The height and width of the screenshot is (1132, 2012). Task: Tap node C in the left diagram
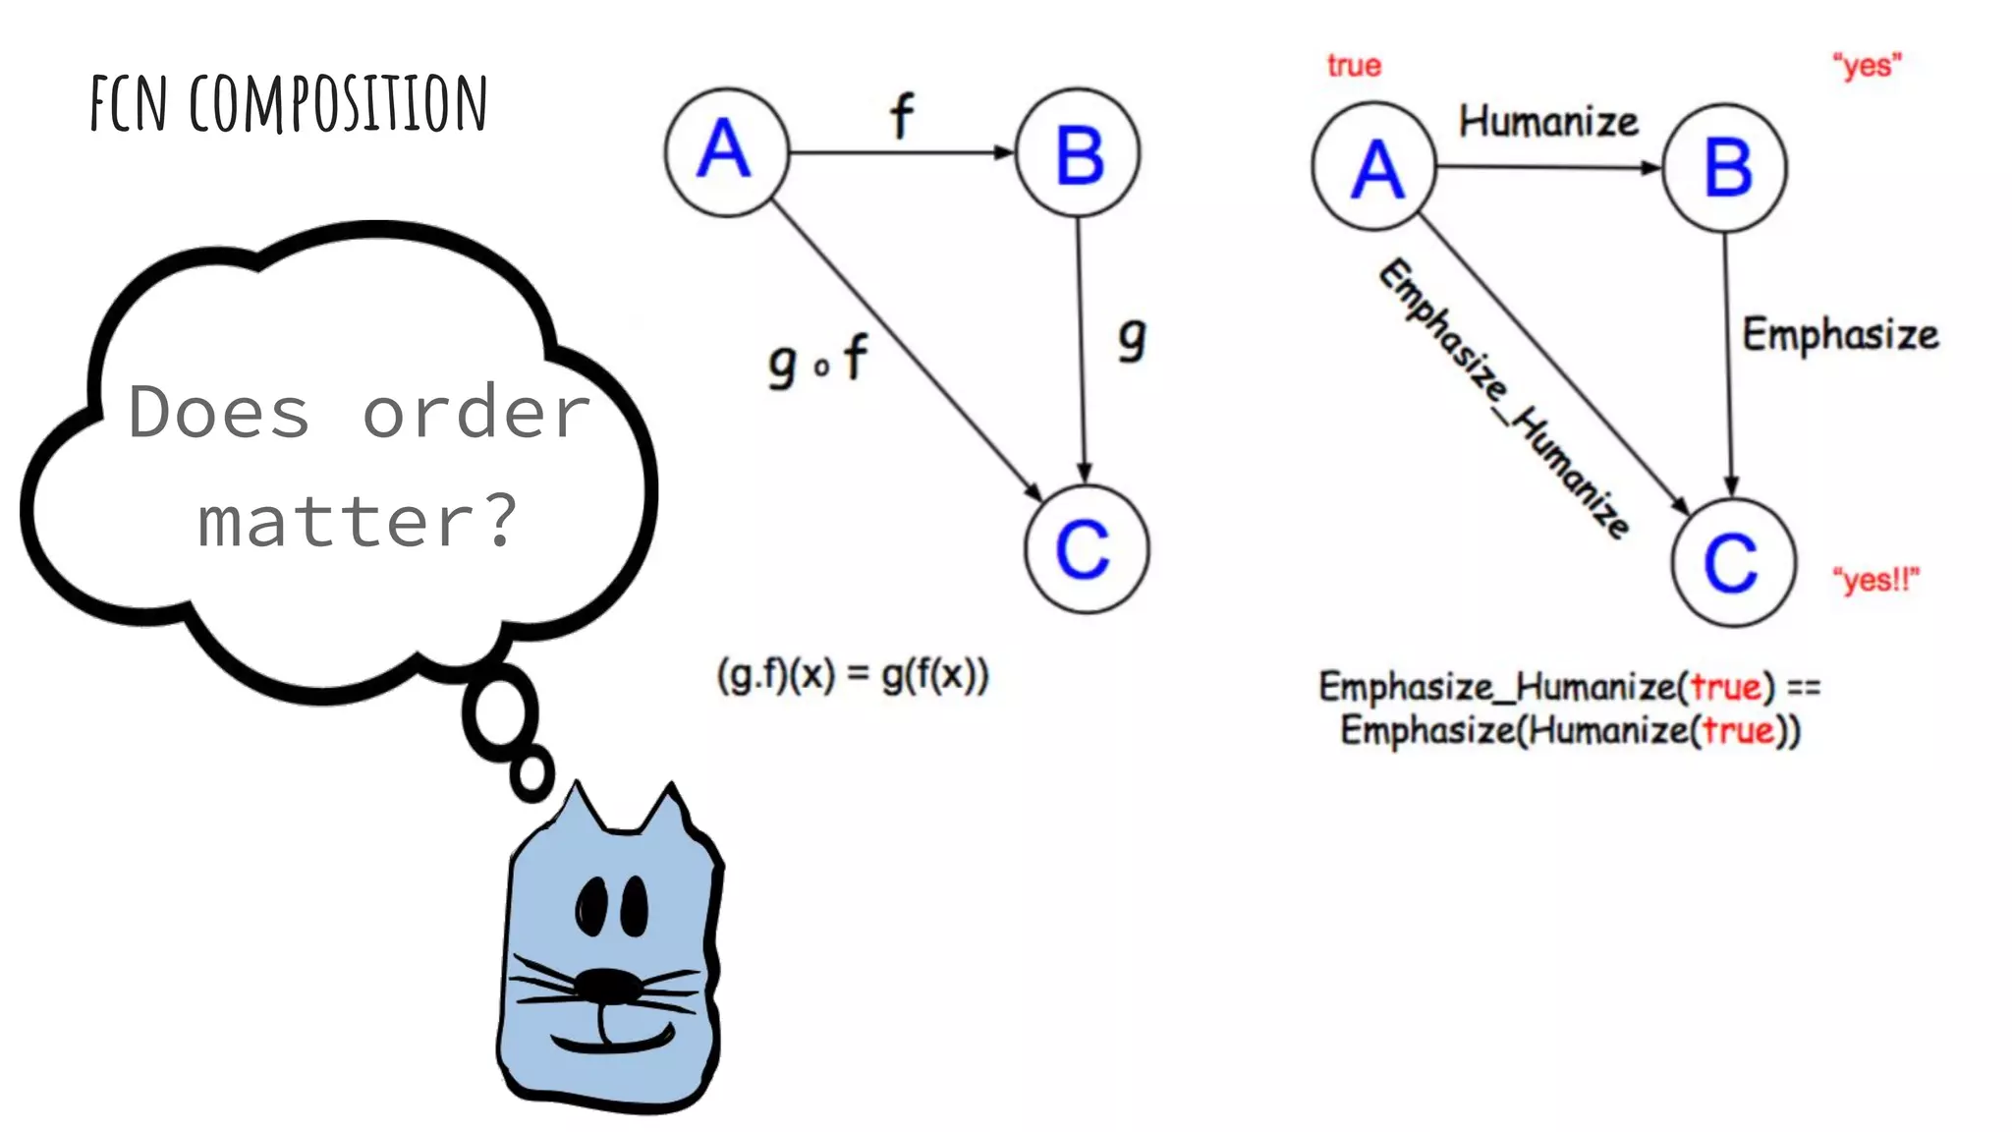(1086, 549)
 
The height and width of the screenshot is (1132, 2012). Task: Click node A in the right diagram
(1373, 167)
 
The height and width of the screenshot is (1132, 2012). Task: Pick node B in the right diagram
(1725, 167)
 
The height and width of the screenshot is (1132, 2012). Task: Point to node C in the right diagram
(1733, 563)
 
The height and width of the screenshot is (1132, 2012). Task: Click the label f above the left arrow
(901, 116)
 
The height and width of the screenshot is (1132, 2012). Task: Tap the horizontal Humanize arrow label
(1548, 122)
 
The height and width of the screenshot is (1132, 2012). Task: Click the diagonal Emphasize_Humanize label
(1504, 398)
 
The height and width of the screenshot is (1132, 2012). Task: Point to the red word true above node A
(1354, 66)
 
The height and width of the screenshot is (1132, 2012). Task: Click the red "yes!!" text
(1875, 580)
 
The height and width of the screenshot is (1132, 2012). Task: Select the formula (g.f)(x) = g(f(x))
(853, 675)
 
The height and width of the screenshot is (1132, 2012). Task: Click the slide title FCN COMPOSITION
(289, 103)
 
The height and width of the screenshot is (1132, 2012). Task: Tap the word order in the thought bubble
(475, 413)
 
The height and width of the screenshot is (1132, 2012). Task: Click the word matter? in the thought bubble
(357, 521)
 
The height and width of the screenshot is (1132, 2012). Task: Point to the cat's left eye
(591, 906)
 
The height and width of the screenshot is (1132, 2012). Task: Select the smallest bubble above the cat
(531, 773)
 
